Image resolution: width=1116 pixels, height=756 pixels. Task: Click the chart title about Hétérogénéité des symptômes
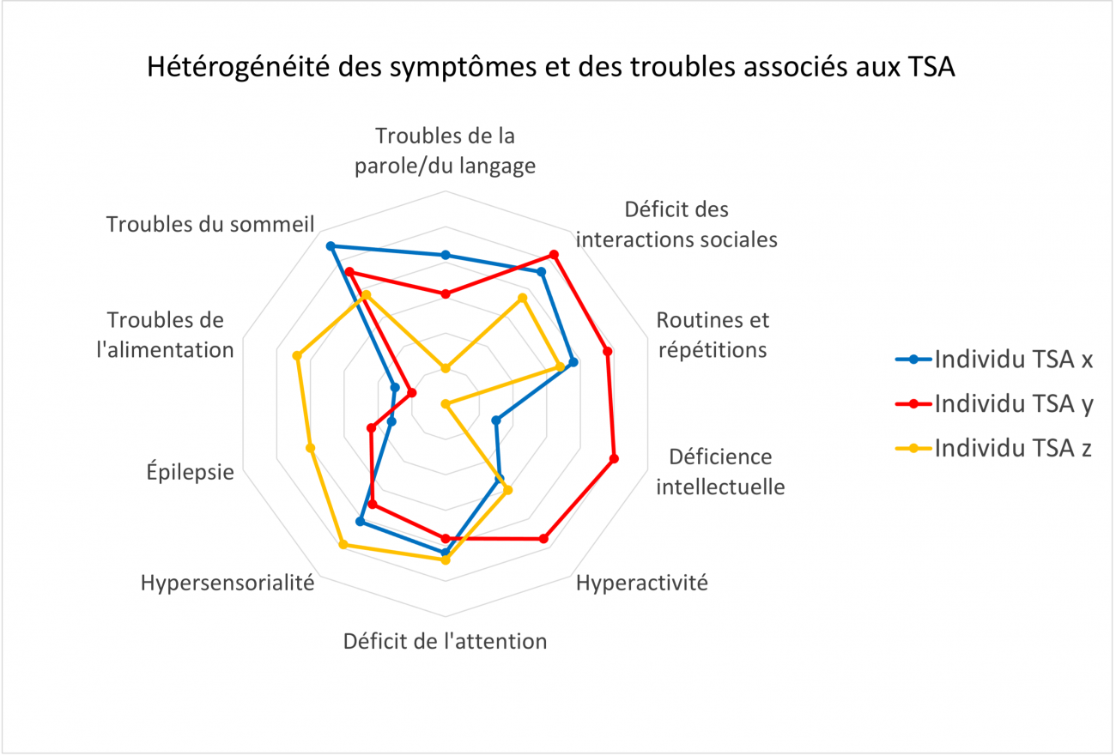click(x=551, y=67)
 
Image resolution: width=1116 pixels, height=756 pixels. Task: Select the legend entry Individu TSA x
click(x=994, y=359)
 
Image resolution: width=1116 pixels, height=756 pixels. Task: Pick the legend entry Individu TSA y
click(x=994, y=403)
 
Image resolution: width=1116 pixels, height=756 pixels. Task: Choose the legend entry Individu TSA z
click(x=993, y=448)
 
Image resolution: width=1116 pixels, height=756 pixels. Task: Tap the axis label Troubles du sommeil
click(x=210, y=224)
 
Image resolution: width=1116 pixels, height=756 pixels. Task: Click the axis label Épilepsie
click(x=190, y=471)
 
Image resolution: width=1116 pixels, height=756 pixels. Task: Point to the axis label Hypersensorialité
click(x=227, y=583)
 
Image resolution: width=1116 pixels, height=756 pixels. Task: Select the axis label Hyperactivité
click(x=642, y=583)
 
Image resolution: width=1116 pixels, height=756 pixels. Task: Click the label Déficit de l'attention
click(x=445, y=641)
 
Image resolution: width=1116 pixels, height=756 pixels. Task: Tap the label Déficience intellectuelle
click(x=720, y=472)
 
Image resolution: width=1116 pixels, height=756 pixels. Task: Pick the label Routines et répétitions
click(x=713, y=335)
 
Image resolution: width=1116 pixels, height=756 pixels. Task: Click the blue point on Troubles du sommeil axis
click(x=330, y=246)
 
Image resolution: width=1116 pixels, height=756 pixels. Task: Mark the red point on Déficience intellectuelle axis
click(x=614, y=459)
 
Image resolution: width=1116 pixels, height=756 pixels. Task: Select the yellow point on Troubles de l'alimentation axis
click(x=297, y=355)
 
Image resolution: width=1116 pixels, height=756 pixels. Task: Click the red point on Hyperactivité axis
click(x=544, y=538)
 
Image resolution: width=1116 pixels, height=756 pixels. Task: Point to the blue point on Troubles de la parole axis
click(x=446, y=255)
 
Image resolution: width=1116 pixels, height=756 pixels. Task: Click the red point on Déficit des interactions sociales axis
click(x=554, y=255)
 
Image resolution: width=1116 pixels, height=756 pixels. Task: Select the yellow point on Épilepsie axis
click(x=310, y=448)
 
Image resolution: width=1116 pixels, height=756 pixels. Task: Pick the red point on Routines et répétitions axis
click(x=607, y=351)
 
